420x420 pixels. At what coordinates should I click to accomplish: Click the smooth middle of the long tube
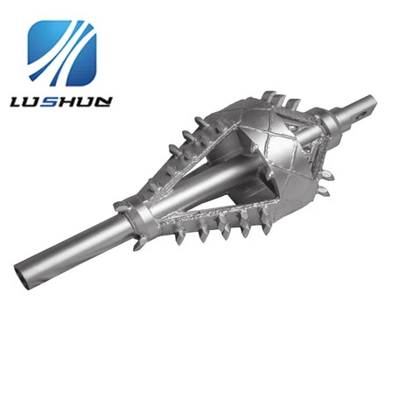[x=79, y=241]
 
